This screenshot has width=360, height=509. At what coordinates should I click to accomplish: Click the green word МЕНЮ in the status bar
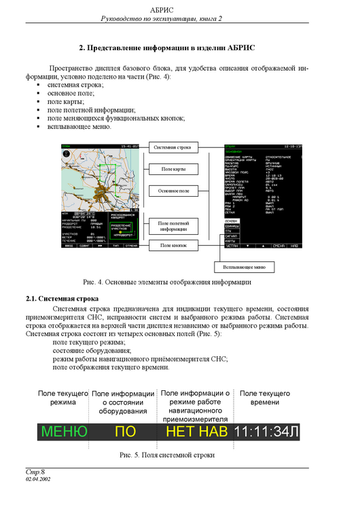[x=65, y=432]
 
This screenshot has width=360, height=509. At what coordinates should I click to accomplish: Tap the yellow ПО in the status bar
[x=125, y=432]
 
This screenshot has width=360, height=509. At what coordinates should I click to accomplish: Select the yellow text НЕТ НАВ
[x=196, y=432]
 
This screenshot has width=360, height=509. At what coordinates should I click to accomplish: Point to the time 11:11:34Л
[x=266, y=432]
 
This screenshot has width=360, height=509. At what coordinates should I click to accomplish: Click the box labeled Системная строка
[x=172, y=147]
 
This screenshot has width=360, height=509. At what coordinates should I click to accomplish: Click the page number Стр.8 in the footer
[x=35, y=471]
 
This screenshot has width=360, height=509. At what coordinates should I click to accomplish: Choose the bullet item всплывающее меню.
[x=79, y=126]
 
